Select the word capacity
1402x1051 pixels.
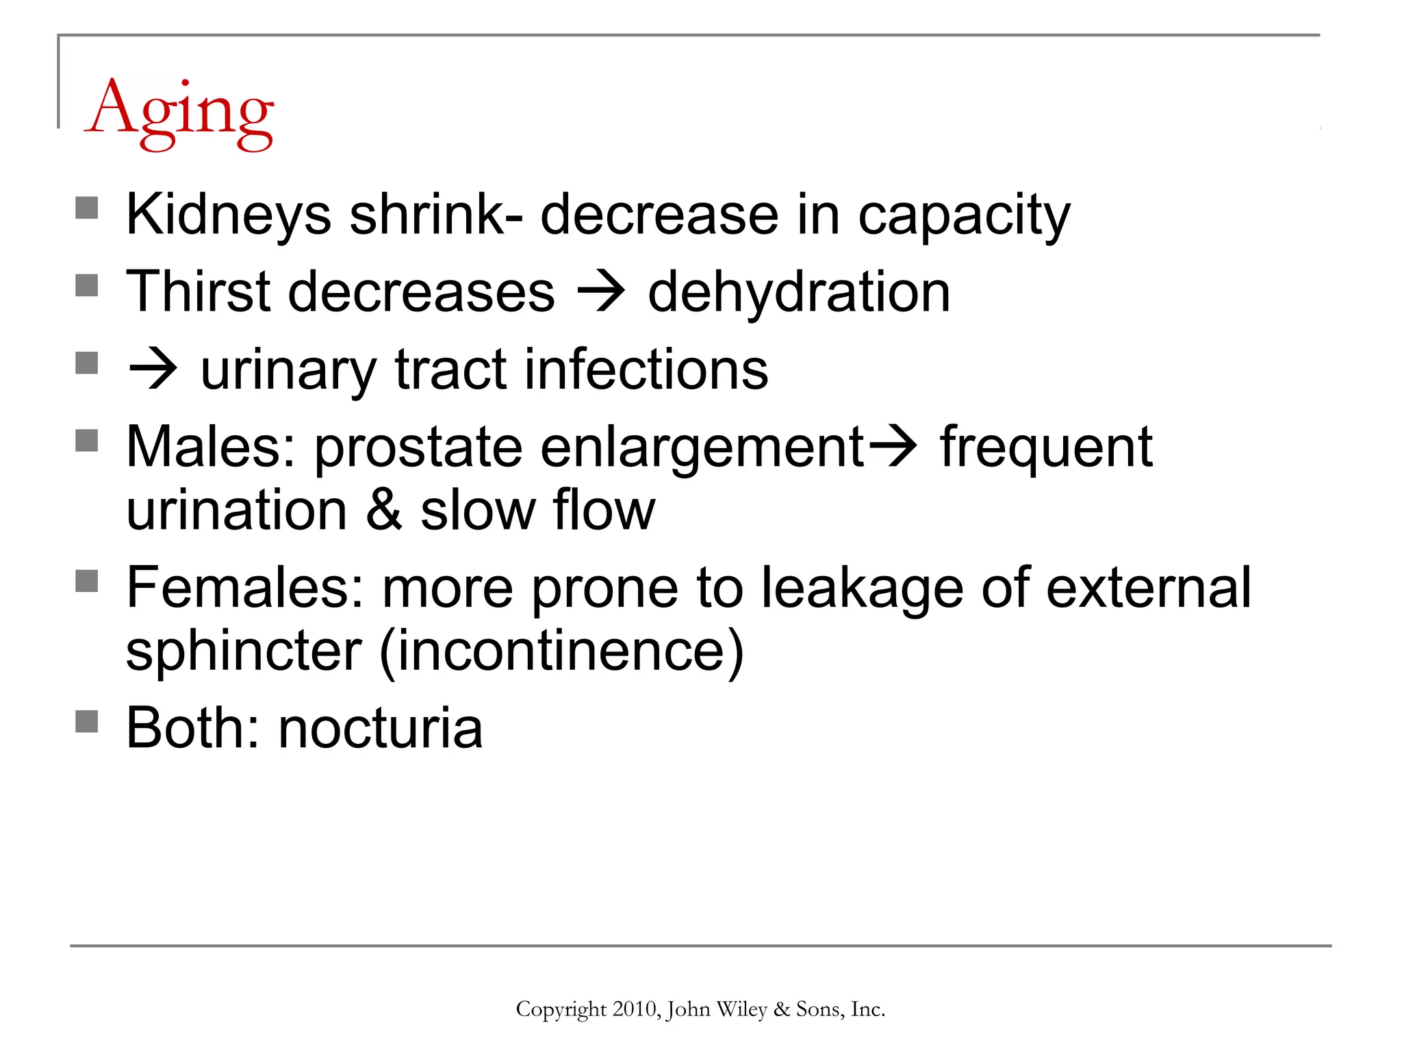tap(964, 215)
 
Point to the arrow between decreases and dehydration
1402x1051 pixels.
tap(600, 292)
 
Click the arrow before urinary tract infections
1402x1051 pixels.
tap(153, 370)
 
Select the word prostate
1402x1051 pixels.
tap(418, 447)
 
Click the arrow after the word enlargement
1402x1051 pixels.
tap(892, 447)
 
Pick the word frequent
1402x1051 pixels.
tap(1046, 447)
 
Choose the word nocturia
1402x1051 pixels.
tap(381, 728)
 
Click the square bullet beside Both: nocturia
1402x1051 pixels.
tap(87, 721)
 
